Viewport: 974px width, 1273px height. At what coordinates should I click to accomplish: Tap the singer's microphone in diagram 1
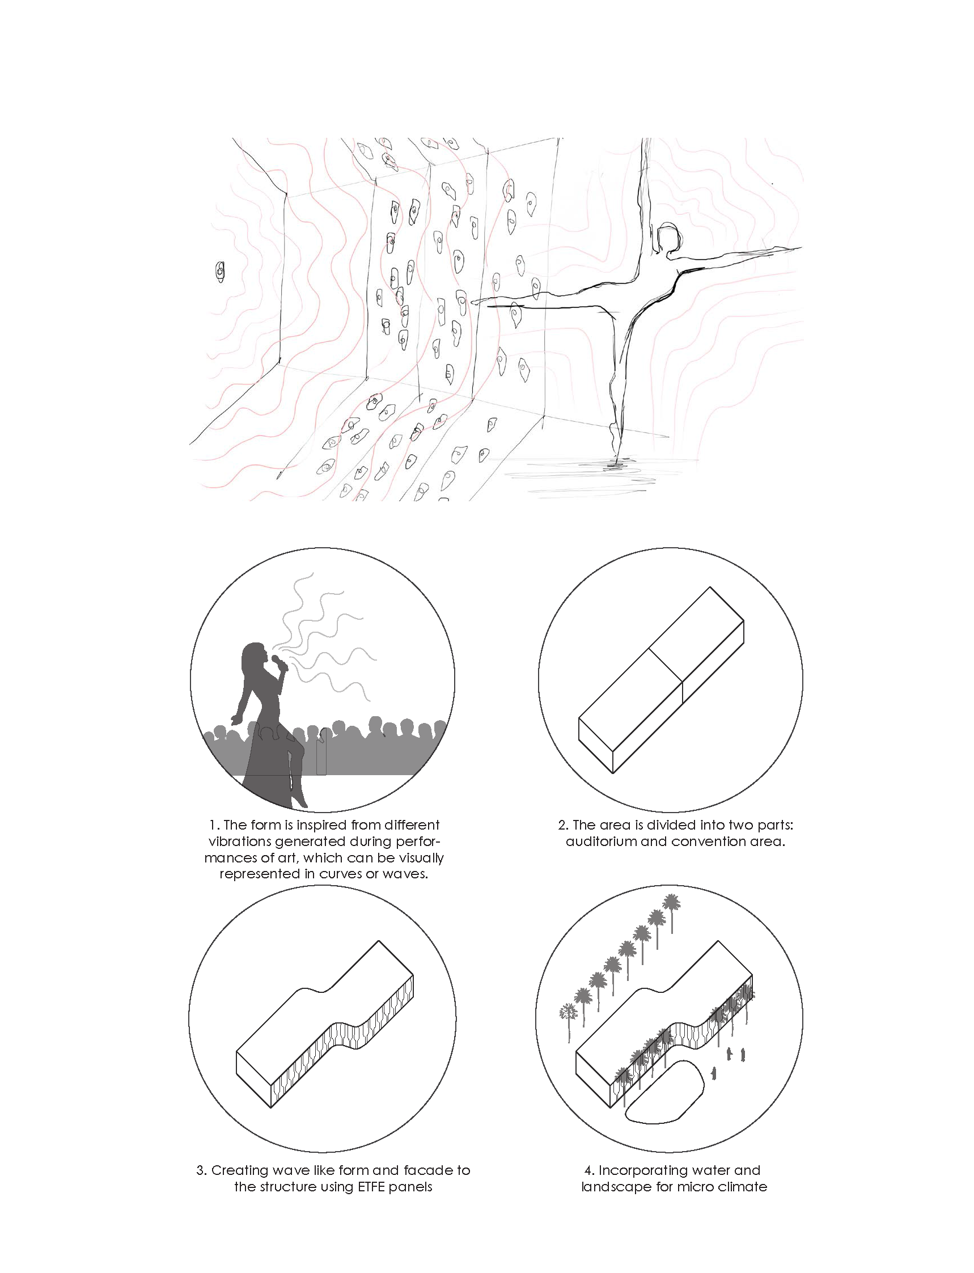281,662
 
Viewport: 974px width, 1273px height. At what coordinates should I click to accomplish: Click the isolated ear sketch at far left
221,272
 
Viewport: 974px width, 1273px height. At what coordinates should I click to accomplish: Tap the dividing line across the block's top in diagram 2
666,665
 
